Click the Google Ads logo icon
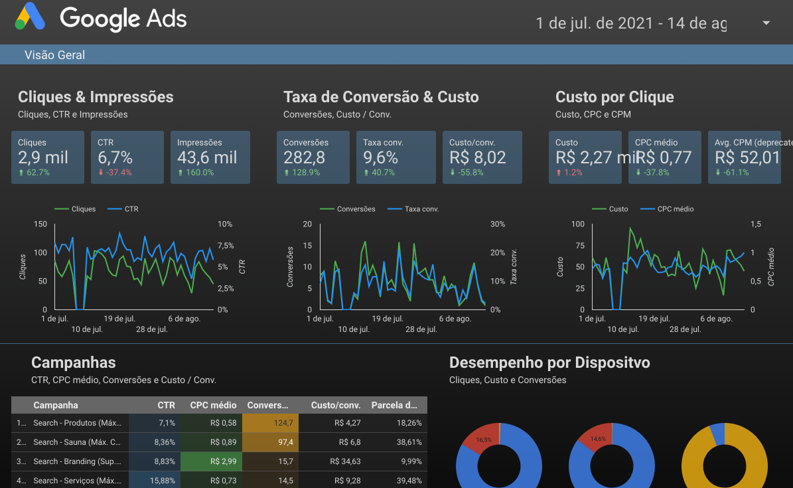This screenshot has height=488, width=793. tap(30, 17)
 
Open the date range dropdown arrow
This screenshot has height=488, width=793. tap(766, 23)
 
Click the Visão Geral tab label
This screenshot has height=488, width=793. tap(55, 55)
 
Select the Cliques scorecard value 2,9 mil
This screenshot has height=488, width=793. tap(43, 157)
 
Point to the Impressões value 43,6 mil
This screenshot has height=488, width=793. tap(207, 157)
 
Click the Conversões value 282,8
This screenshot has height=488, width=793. tap(305, 157)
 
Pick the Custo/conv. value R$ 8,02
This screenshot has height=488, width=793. tap(478, 157)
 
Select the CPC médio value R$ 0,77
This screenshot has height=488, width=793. tap(664, 157)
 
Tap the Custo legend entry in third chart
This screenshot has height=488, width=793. tap(618, 209)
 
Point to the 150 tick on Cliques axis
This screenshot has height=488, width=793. tap(40, 224)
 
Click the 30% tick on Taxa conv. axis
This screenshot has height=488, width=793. tap(498, 224)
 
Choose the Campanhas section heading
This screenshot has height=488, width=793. tap(74, 363)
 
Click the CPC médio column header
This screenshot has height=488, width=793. tap(213, 405)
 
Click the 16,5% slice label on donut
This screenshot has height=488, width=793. tap(484, 440)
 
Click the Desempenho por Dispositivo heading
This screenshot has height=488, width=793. tap(549, 363)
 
